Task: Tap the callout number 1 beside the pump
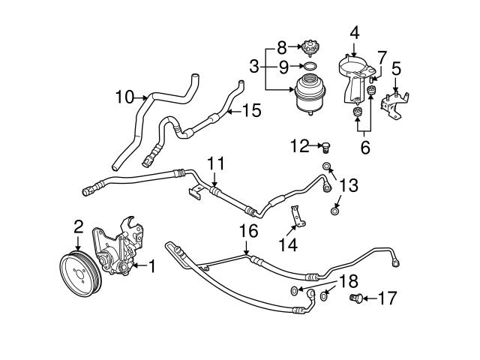[151, 265]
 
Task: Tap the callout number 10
[124, 96]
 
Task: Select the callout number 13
[348, 184]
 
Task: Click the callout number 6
[364, 148]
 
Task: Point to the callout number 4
[354, 32]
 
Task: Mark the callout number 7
[382, 56]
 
